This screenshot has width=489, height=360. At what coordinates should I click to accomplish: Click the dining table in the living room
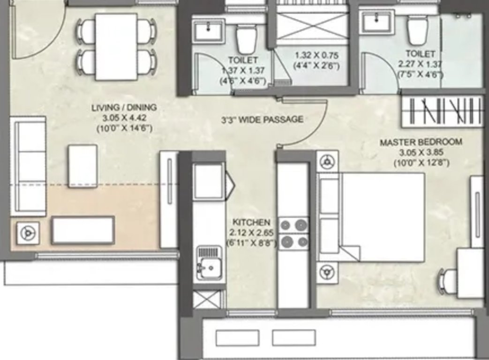[x=116, y=46]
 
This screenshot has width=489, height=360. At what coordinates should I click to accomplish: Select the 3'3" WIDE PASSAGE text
[x=262, y=120]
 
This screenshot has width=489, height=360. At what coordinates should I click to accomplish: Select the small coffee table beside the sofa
[x=83, y=166]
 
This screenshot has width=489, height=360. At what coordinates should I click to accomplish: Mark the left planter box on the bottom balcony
[x=237, y=337]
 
